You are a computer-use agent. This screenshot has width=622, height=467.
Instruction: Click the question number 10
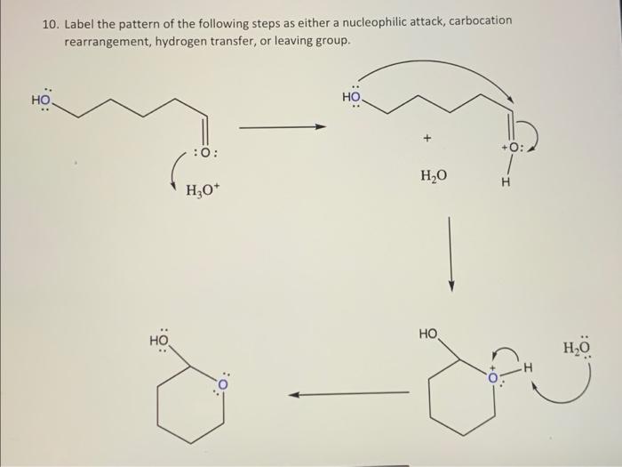[x=49, y=20]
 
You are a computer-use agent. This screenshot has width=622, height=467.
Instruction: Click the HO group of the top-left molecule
[x=42, y=101]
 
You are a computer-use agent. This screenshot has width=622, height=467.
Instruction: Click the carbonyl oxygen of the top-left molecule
[x=205, y=153]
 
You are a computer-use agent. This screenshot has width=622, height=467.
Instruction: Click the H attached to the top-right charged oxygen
[x=506, y=183]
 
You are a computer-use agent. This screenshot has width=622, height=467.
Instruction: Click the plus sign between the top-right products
[x=427, y=139]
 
